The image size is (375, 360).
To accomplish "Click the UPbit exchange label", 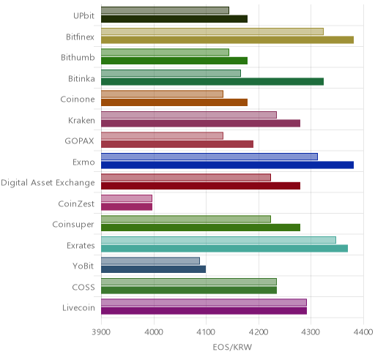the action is point(83,15).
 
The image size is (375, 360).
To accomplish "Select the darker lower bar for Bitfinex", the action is point(227,40).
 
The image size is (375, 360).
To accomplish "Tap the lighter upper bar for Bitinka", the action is point(171,73).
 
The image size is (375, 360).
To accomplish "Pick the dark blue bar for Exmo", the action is point(227,165).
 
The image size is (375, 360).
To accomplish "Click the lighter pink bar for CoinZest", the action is point(127,198).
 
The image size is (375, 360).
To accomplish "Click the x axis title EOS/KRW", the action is point(232,347).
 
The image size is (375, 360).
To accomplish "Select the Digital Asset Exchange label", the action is point(48,183).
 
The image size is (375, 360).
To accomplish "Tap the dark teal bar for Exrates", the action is point(224,249).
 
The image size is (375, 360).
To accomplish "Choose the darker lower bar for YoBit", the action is point(153,269).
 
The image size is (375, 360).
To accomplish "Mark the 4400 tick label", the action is point(363,332).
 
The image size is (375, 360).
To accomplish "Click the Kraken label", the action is point(81,120).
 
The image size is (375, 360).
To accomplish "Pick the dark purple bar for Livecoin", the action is point(204,311).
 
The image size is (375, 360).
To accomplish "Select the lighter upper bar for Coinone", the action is point(162,94).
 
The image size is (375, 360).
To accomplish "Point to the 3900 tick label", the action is point(101,332).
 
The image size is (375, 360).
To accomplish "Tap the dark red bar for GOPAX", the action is point(177,144).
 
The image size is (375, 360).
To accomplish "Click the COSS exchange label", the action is point(83,287).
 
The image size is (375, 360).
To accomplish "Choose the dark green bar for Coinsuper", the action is point(201,228).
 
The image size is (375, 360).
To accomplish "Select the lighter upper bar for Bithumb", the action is point(165,52).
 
